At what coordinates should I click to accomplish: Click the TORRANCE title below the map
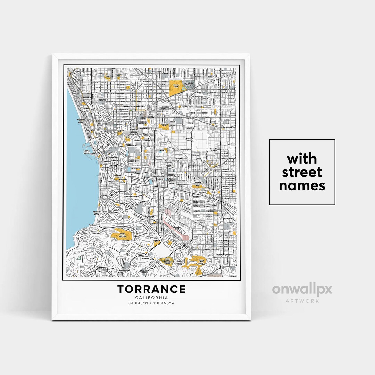tap(151, 289)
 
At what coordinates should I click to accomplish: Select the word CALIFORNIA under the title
tap(151, 298)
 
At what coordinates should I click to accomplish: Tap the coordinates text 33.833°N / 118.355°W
tap(151, 303)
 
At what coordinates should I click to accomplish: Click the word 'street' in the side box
tap(302, 172)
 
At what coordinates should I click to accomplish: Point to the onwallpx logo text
tap(302, 289)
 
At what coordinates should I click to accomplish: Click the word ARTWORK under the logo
tap(302, 301)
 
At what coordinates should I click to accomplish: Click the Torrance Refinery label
tap(189, 140)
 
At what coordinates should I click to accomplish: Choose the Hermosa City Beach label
tap(81, 120)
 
